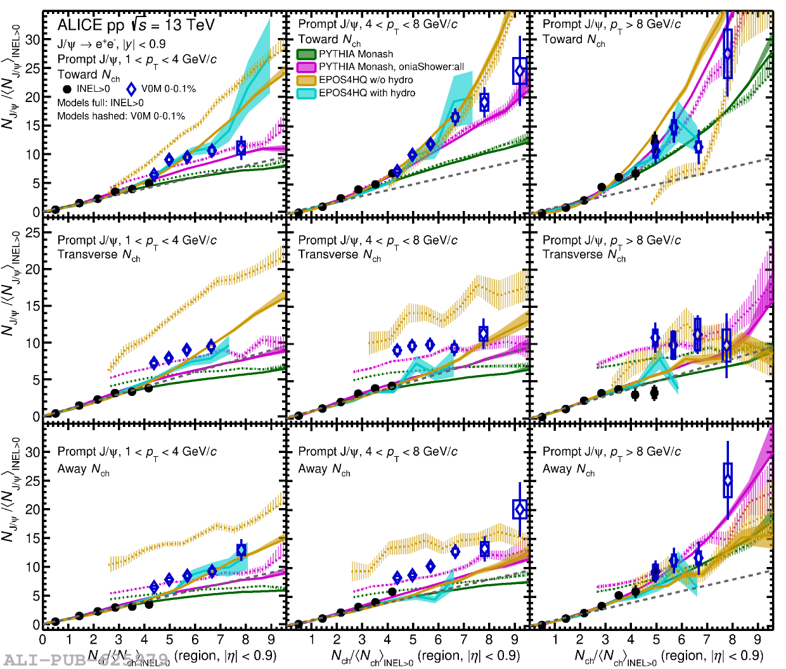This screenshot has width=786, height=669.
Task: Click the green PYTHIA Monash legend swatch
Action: click(307, 54)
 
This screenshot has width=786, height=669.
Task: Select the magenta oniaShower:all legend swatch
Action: click(307, 67)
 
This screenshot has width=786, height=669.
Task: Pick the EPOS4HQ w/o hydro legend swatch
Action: click(307, 80)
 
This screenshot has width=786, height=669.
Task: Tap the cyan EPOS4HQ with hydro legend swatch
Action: click(307, 93)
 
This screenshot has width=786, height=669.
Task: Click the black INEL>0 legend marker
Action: click(67, 89)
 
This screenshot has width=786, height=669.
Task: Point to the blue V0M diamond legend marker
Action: click(131, 89)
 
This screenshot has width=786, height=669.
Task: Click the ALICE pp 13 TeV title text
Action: click(136, 25)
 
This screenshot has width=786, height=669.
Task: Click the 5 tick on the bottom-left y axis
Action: click(35, 596)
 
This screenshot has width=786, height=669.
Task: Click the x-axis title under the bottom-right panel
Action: click(669, 656)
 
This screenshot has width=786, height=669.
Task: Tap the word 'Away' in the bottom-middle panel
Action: click(312, 469)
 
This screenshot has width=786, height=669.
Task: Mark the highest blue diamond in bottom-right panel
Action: click(728, 480)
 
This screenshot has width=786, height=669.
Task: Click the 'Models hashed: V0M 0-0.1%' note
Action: click(121, 116)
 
